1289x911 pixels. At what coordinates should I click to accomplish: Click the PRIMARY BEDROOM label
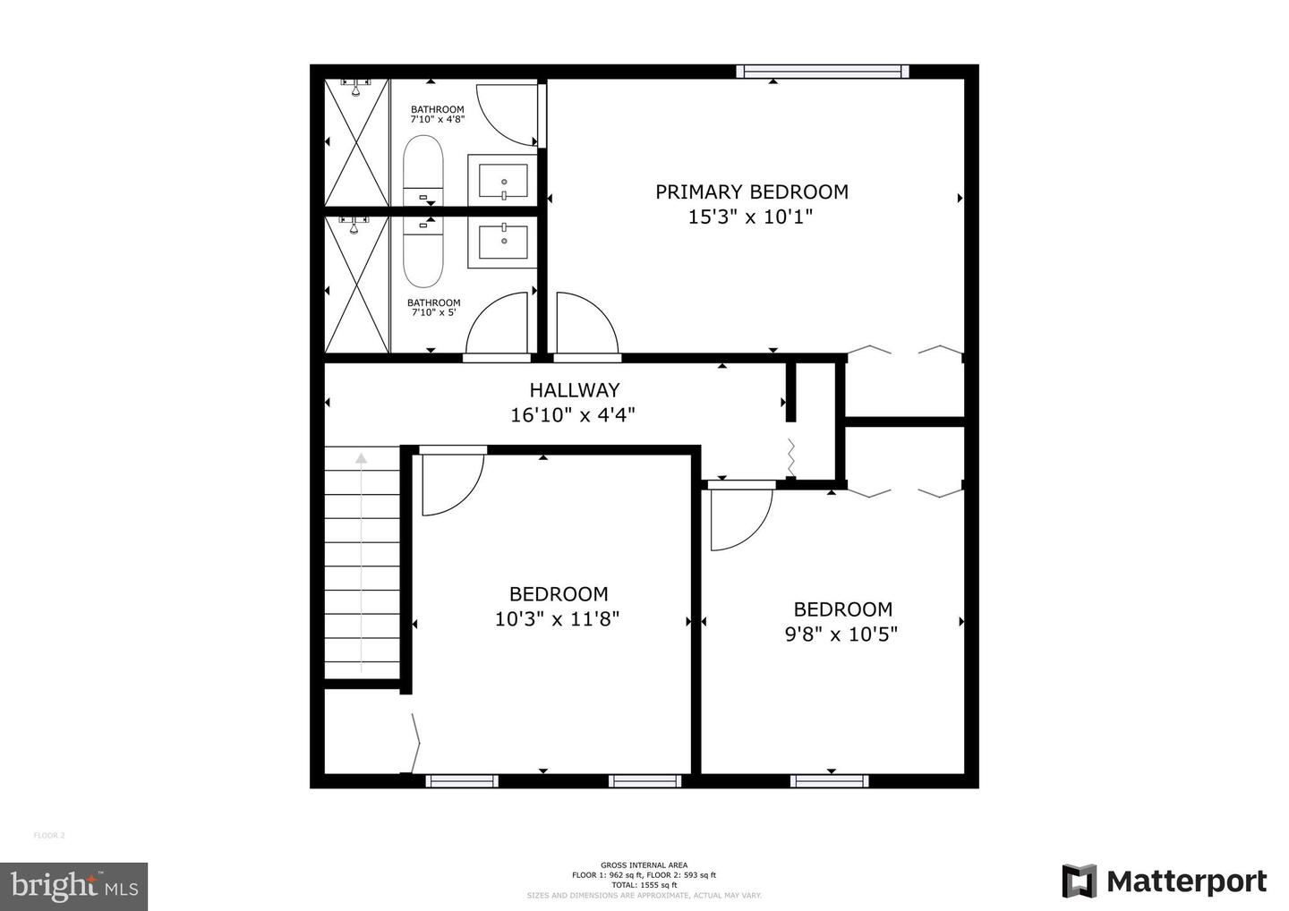(752, 192)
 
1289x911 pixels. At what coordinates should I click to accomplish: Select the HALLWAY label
(575, 390)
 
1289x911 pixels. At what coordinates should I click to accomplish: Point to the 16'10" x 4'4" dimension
(573, 415)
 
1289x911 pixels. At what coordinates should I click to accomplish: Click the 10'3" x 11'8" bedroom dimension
(557, 618)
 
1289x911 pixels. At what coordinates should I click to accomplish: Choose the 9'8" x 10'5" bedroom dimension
(841, 634)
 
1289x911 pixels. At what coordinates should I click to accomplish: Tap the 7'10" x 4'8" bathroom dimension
(438, 118)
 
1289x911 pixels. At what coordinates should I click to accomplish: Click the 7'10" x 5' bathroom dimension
(434, 312)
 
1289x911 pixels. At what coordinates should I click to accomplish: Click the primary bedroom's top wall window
(823, 72)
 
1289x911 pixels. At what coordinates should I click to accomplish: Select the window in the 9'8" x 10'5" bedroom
(830, 781)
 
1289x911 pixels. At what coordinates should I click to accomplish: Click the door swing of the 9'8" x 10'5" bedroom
(739, 519)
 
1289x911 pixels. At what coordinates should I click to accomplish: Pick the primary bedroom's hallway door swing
(585, 324)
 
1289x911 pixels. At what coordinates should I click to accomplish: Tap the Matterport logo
(1165, 882)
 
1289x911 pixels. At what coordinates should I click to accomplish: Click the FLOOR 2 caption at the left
(49, 836)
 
